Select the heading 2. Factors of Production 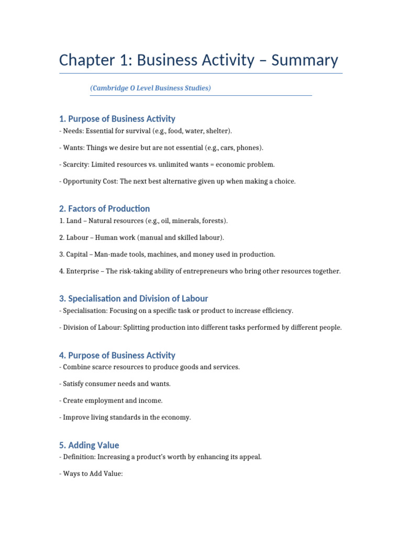click(x=105, y=208)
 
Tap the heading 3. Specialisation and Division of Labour click(x=133, y=298)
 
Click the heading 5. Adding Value click(x=89, y=445)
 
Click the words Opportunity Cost click(x=87, y=181)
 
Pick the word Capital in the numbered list click(x=77, y=254)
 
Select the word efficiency click(x=275, y=311)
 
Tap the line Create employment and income click(x=113, y=400)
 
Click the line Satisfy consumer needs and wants click(x=117, y=384)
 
